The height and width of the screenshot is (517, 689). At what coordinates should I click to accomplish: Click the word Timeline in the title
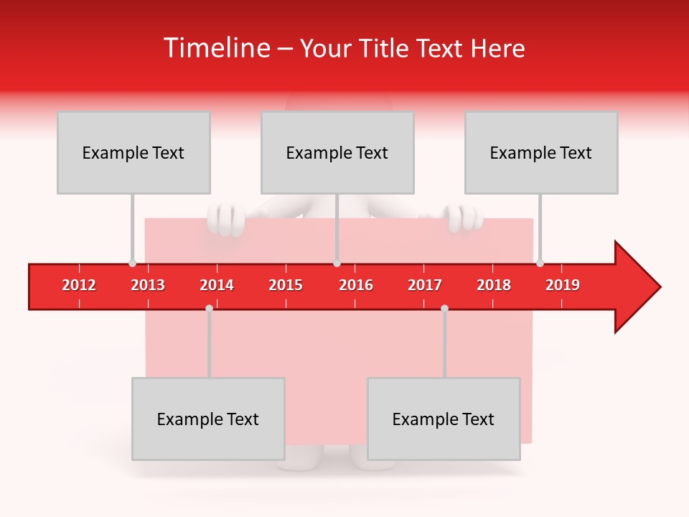point(216,48)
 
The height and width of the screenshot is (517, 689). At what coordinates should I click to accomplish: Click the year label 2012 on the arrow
point(79,285)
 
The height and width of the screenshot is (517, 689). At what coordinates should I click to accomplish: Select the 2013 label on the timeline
point(148,285)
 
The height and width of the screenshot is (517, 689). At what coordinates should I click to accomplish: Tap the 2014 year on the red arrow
point(217,285)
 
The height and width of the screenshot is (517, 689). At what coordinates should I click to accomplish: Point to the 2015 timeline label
point(286,285)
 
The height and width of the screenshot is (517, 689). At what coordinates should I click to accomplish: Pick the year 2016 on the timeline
point(356,285)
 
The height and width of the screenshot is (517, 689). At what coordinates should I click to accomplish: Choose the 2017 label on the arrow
point(425,285)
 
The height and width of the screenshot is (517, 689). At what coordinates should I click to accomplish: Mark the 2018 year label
point(494,285)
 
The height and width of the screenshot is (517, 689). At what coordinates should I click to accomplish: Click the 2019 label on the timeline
point(563,285)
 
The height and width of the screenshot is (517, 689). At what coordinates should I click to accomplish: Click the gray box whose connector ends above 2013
point(133,152)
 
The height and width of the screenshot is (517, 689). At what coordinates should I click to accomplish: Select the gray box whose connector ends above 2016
point(337,152)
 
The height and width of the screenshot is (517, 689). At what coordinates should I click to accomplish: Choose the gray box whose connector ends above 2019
point(541,152)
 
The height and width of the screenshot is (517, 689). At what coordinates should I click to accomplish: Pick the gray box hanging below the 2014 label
point(208,419)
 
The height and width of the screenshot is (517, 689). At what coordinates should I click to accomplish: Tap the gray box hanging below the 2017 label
point(444,419)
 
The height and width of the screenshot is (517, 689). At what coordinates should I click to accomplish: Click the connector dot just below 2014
point(209,308)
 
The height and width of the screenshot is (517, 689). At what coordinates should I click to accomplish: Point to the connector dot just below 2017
point(444,308)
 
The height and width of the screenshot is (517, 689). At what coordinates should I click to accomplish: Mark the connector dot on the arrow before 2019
point(540,263)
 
